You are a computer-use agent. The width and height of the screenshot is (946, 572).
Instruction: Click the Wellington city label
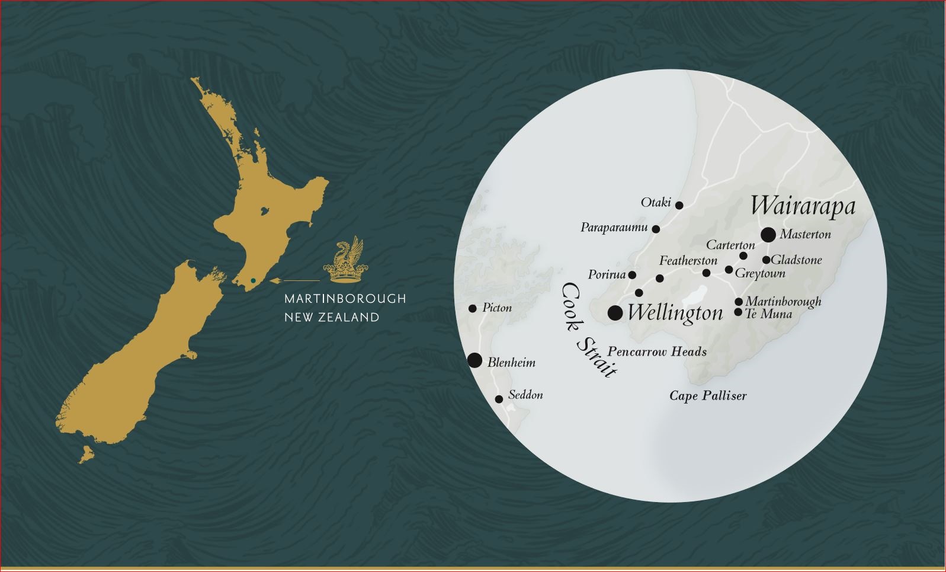click(675, 313)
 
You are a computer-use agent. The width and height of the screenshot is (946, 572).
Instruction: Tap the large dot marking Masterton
click(768, 235)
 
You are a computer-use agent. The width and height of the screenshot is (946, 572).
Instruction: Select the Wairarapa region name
click(803, 206)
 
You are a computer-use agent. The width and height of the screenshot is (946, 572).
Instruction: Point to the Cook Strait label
click(588, 330)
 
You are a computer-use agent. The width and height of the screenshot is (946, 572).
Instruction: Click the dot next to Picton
click(472, 309)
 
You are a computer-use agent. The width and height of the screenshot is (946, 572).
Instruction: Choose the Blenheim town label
click(511, 363)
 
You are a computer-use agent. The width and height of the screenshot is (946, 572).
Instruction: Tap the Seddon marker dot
click(499, 400)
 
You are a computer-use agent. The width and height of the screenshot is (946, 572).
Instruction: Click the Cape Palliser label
click(708, 396)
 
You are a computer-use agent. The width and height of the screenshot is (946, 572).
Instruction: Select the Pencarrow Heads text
click(657, 352)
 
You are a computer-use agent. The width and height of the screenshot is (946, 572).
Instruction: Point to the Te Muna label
click(768, 314)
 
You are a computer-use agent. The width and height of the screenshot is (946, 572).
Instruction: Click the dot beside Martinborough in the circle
click(739, 302)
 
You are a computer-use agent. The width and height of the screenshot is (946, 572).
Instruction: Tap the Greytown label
click(760, 273)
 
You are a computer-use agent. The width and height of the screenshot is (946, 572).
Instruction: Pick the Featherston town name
click(688, 261)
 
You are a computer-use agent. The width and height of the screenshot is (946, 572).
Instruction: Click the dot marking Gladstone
click(766, 260)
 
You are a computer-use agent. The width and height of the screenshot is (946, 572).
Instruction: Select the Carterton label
click(730, 245)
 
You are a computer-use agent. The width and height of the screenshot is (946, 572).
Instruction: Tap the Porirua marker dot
click(632, 275)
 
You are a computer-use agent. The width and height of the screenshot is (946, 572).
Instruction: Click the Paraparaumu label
click(614, 228)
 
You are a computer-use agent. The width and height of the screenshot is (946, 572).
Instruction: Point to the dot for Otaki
click(679, 206)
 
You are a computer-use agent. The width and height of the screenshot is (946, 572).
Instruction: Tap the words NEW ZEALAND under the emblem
click(332, 318)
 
